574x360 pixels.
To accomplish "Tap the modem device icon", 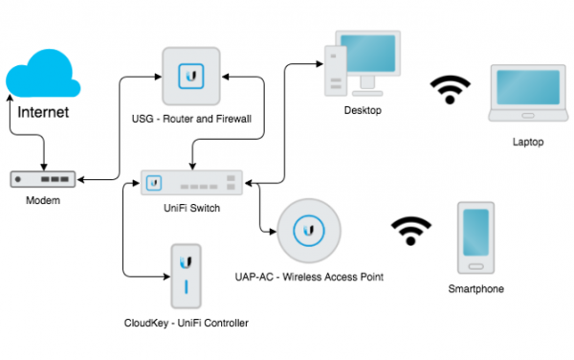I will (44, 179).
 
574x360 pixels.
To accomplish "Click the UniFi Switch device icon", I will (191, 181).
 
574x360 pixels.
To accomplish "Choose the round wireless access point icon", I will (309, 231).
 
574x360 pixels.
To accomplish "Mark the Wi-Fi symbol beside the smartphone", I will (410, 232).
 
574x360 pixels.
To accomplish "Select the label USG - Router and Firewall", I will (197, 119).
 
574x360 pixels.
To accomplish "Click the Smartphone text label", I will (475, 288).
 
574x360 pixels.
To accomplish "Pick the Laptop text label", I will (527, 142).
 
